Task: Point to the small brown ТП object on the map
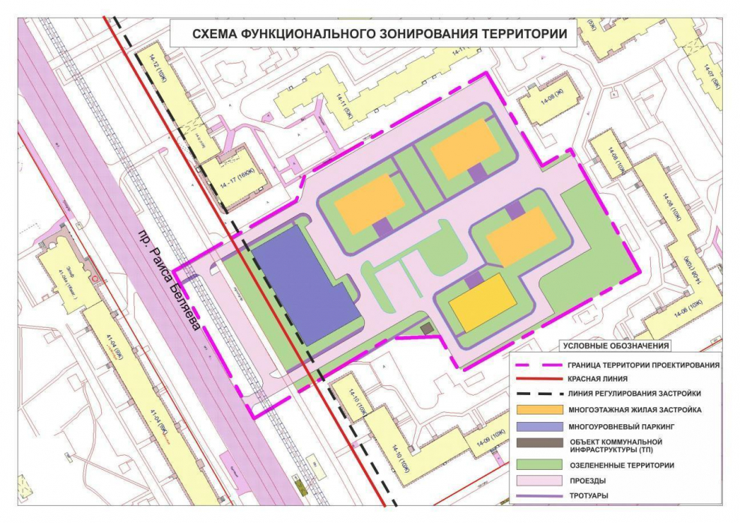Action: pos(426,328)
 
